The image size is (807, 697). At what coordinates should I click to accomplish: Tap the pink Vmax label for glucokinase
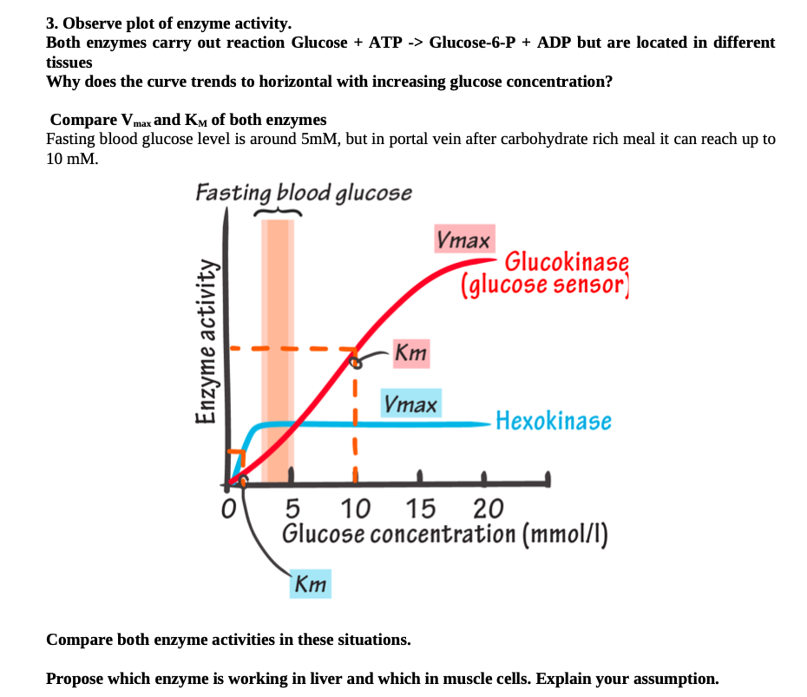click(x=464, y=239)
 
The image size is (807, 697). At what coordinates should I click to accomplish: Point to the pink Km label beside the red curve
click(x=410, y=352)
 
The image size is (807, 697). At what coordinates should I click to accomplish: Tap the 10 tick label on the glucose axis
click(x=356, y=508)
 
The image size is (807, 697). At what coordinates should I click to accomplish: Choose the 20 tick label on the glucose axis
click(x=489, y=508)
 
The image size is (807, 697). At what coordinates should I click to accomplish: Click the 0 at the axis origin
click(x=229, y=508)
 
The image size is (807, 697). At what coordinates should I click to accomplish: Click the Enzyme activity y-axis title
click(x=207, y=342)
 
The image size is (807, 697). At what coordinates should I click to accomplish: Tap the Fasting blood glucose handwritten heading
click(x=303, y=192)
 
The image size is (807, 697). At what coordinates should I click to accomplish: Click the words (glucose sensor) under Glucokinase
click(x=544, y=285)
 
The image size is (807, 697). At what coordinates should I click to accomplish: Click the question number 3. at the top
click(x=51, y=23)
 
